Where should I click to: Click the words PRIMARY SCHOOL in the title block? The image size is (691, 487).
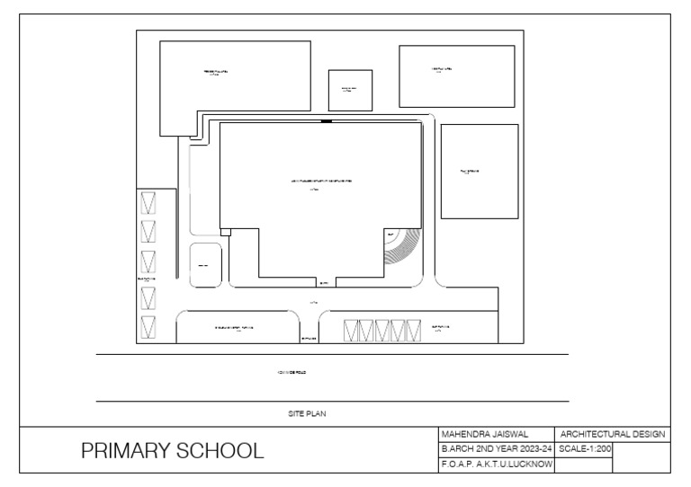pos(173,451)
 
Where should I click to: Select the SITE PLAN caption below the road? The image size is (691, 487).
pos(306,414)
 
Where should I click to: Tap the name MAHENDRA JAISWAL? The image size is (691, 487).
pos(478,434)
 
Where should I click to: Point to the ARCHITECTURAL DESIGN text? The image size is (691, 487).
pos(612,434)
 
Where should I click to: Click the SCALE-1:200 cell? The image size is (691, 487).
pos(585,448)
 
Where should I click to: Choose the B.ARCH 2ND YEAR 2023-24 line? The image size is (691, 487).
pos(495,448)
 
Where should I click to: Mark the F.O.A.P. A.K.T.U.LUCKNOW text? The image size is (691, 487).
pos(496,464)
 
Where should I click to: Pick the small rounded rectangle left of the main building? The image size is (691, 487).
pos(205,265)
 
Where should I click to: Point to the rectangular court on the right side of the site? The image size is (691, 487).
pos(480,171)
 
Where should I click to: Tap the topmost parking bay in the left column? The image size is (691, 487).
pos(149,203)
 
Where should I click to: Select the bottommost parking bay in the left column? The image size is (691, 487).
pos(149,328)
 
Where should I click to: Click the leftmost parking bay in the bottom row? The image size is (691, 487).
pos(352,331)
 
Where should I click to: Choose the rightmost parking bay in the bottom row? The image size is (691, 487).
pos(414,331)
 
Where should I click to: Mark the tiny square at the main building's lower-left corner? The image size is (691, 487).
pos(226,232)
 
